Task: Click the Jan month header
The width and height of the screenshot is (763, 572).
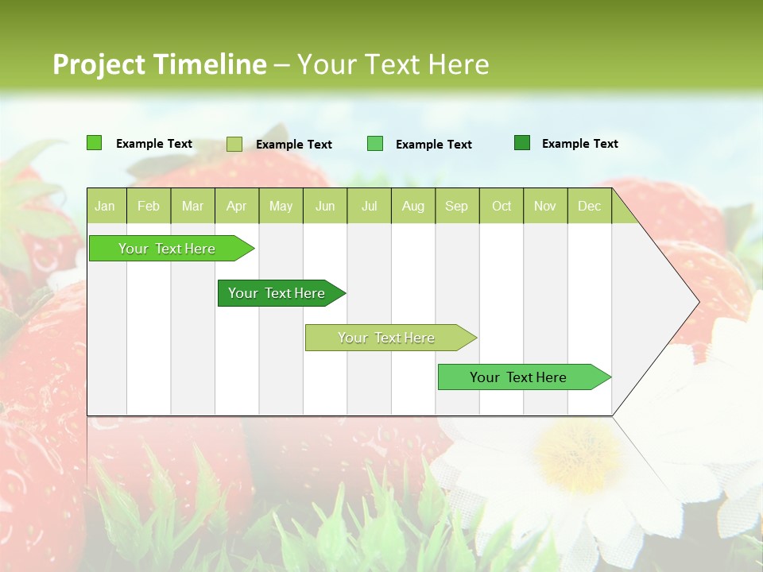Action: (105, 206)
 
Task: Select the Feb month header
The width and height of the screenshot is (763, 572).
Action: (149, 206)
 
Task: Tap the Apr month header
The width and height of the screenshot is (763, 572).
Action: (236, 206)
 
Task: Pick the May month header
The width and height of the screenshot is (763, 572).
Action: (281, 206)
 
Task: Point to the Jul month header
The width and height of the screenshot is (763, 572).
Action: (369, 206)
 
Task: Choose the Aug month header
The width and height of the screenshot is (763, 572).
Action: (413, 206)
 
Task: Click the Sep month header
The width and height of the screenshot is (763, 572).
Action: (457, 206)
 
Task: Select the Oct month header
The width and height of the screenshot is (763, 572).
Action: (502, 206)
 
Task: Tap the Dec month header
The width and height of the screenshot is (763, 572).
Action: (590, 206)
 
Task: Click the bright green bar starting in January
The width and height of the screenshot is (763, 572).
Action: (167, 249)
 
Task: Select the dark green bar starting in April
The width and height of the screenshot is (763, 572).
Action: (277, 293)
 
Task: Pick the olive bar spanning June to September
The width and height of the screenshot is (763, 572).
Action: (386, 338)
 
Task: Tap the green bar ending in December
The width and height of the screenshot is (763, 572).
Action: (518, 377)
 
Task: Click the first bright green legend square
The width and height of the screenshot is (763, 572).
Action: (95, 143)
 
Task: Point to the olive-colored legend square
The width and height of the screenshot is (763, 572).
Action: (234, 144)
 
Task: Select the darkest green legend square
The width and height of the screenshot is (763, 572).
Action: (522, 143)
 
